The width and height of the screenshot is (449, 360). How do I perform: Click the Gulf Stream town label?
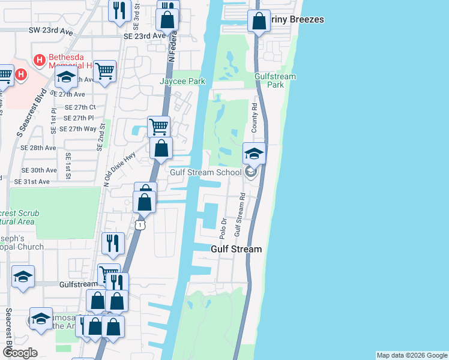click(236, 249)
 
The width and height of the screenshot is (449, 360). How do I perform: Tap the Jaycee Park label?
click(182, 82)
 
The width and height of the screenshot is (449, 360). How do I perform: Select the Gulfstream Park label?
click(276, 80)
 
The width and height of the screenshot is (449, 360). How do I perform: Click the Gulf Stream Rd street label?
click(241, 213)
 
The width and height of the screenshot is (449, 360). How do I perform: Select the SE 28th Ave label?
click(38, 148)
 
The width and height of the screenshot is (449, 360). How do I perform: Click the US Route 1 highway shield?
click(139, 224)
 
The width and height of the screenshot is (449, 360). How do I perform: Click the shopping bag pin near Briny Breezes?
click(259, 22)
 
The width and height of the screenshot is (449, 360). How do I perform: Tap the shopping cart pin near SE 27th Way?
click(158, 127)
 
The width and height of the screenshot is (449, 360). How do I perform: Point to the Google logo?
click(19, 353)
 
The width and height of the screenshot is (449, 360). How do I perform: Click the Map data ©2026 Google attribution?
click(412, 355)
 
